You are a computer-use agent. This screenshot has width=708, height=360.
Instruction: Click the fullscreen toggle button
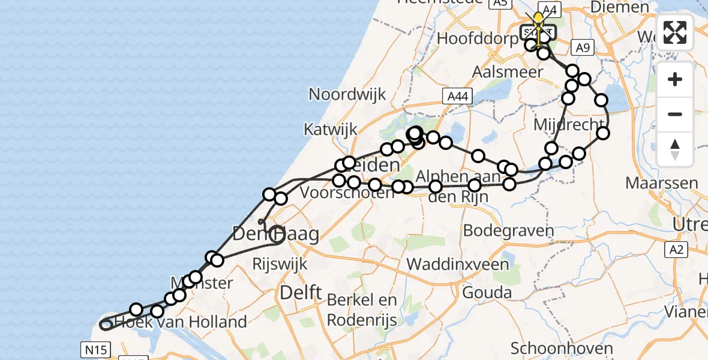pos(675,32)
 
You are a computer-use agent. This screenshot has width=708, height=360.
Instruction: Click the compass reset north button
pos(675,149)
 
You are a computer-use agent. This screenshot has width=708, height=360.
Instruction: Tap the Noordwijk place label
pos(347,94)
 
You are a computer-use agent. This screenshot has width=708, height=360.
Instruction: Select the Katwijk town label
pos(330,129)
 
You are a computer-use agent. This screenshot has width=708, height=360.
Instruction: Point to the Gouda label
pos(487,293)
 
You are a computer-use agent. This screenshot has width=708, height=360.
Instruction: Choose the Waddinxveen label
pos(458,264)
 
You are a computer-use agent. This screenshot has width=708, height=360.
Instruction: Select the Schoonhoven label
pos(562,348)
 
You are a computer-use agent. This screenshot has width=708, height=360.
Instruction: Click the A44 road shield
pos(457,96)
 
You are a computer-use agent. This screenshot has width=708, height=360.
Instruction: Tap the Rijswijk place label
pos(280,264)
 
